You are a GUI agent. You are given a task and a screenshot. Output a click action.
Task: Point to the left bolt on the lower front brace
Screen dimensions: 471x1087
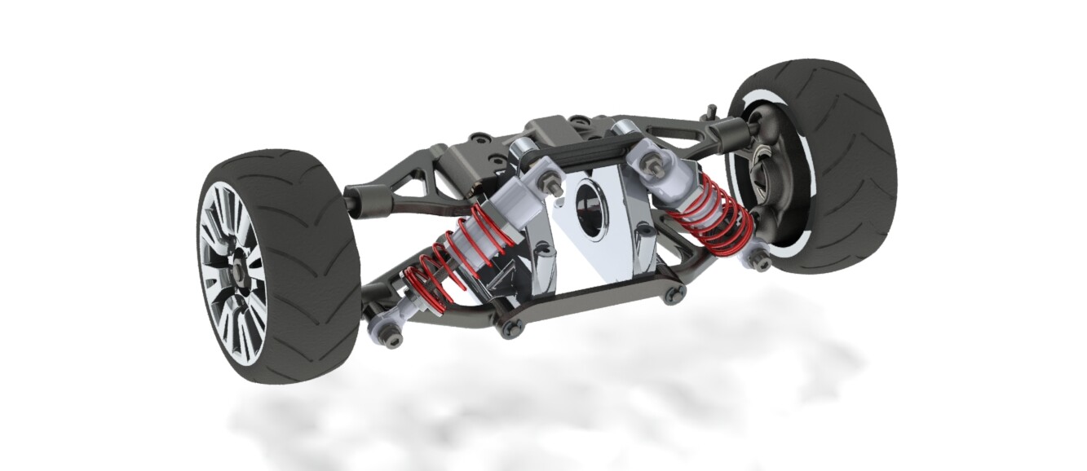click(x=510, y=328)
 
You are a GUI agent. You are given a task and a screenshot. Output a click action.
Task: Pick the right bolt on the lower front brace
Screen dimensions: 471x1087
click(x=674, y=294)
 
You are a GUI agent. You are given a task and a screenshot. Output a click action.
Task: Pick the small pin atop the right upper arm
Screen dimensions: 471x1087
click(x=712, y=109)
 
